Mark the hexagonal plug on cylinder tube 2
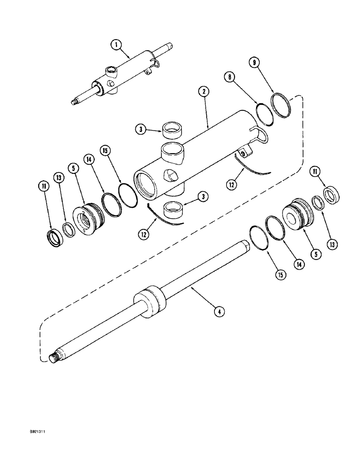tap(169, 175)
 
